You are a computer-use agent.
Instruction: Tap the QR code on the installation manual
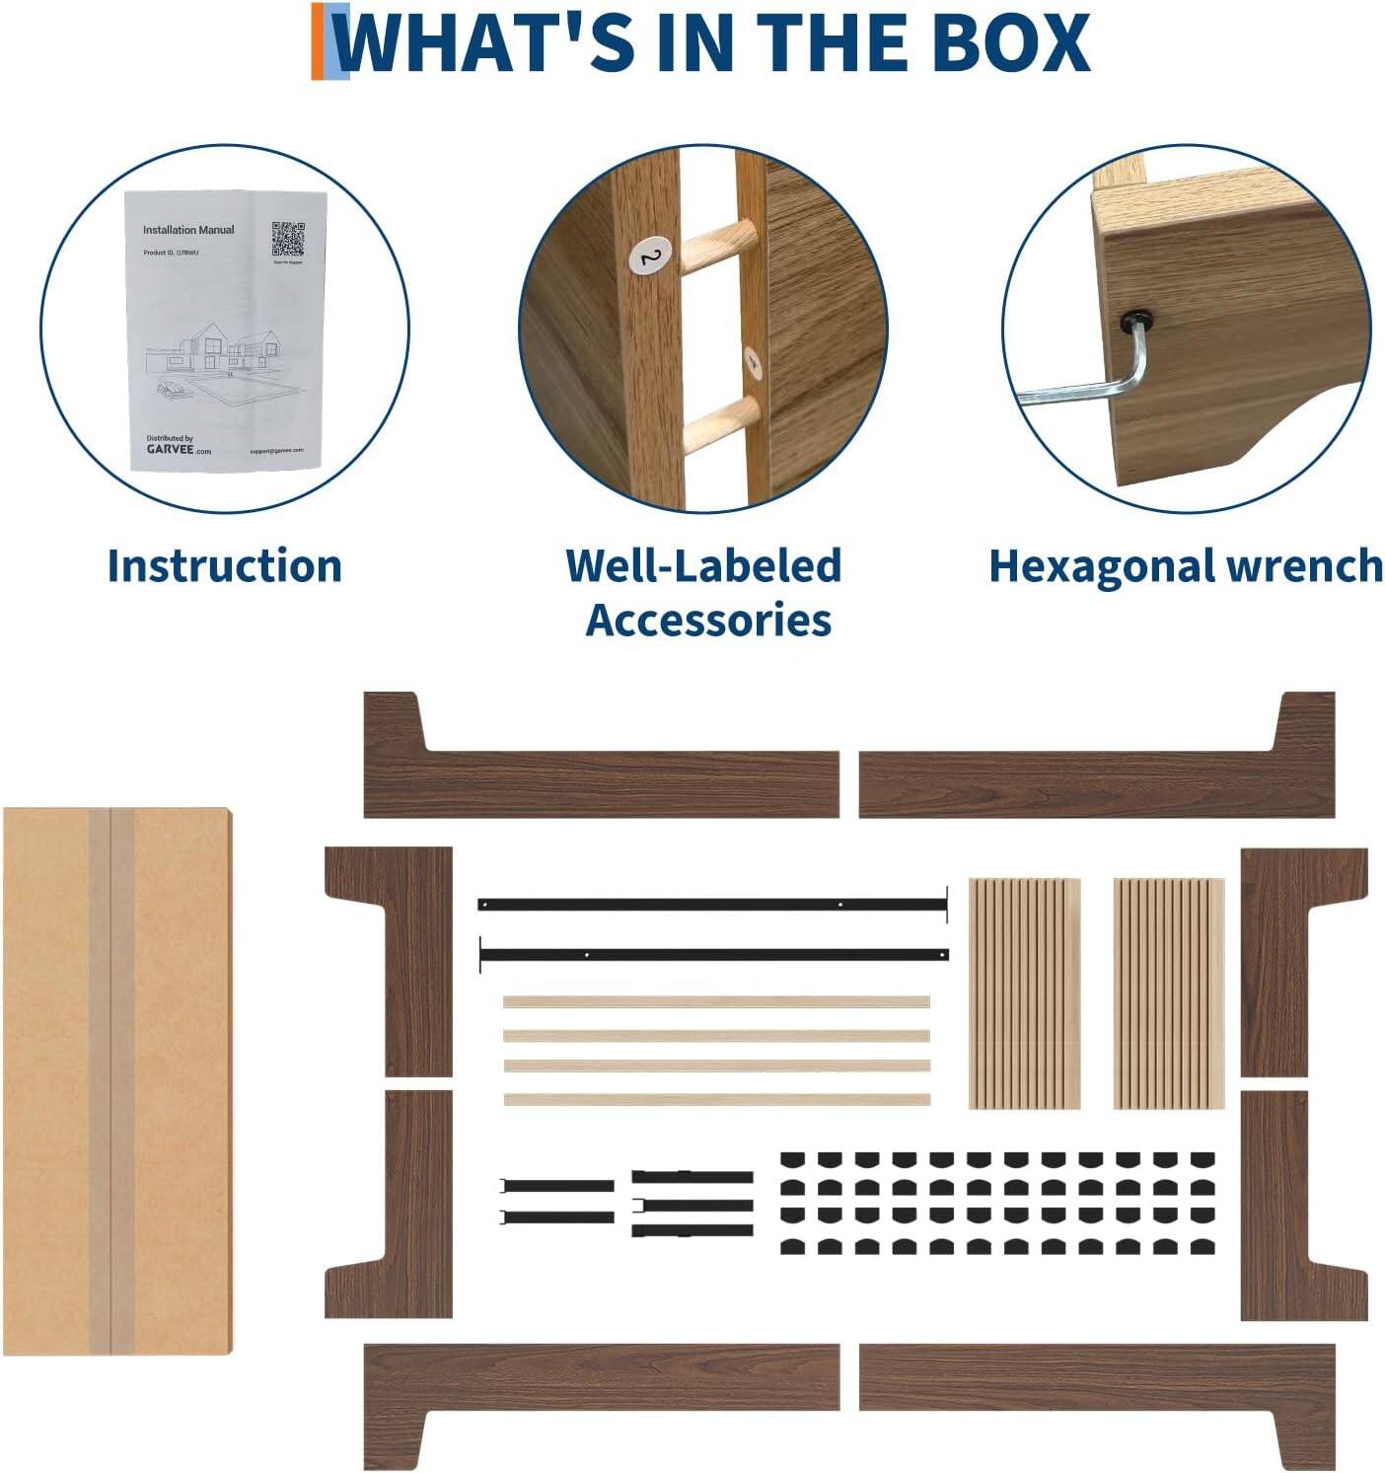[x=288, y=240]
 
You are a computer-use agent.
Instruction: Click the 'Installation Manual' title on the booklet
[x=188, y=230]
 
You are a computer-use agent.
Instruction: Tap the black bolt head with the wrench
[x=1135, y=321]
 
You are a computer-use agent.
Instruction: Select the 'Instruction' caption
[x=224, y=566]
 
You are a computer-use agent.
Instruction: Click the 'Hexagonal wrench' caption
[x=1185, y=567]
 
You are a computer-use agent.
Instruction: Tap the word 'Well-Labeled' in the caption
[x=703, y=566]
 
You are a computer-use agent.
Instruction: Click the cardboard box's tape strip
[x=111, y=1081]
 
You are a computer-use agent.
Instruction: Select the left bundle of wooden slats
[x=1023, y=994]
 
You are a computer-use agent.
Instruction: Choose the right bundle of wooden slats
[x=1169, y=994]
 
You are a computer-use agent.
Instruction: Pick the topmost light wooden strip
[x=716, y=1001]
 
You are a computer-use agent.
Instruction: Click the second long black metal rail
[x=714, y=955]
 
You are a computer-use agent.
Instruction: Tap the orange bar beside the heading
[x=319, y=41]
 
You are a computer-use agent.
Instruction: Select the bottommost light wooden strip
[x=716, y=1099]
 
